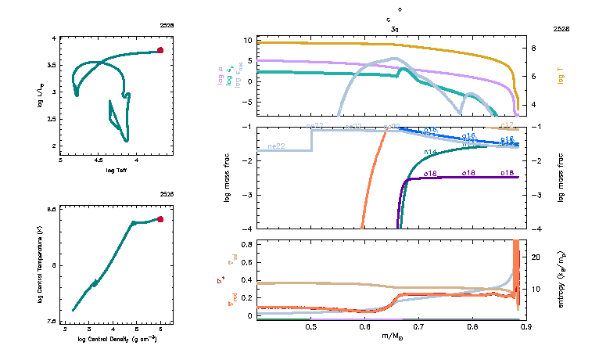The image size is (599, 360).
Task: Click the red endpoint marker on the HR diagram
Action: click(x=160, y=50)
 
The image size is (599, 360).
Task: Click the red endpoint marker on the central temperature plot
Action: click(x=160, y=219)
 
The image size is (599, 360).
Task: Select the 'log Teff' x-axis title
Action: click(x=116, y=169)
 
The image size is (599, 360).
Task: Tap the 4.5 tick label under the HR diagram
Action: click(x=98, y=160)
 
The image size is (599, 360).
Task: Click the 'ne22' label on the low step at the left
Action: click(x=275, y=146)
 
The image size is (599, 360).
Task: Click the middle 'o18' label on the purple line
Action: click(x=468, y=172)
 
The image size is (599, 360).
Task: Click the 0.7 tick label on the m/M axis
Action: click(x=418, y=327)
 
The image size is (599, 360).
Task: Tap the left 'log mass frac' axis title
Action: click(x=228, y=178)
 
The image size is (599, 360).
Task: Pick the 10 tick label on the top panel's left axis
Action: click(x=247, y=40)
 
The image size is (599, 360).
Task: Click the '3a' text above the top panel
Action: click(x=395, y=28)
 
